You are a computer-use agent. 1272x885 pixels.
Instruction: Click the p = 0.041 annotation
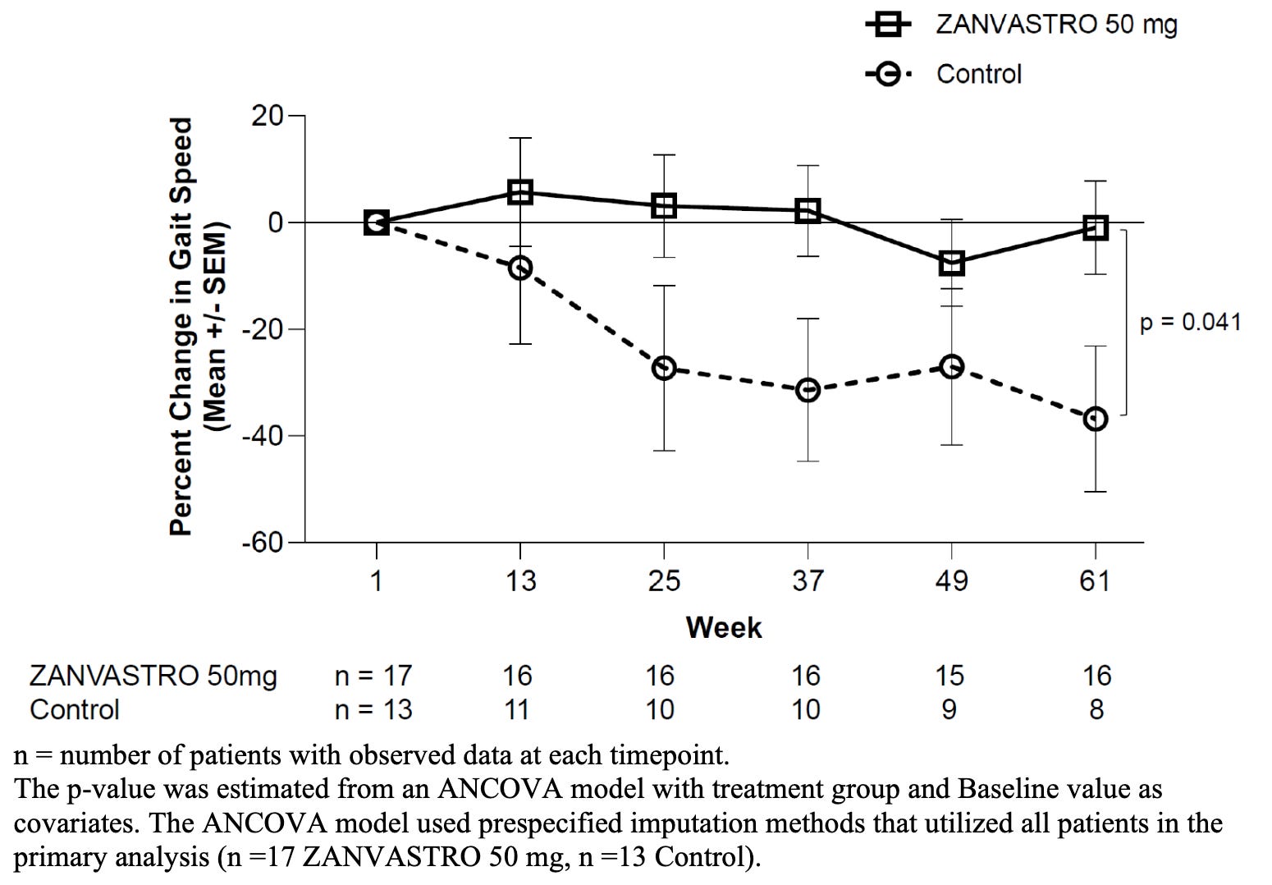tap(1190, 322)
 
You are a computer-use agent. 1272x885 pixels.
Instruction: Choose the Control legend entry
tap(943, 74)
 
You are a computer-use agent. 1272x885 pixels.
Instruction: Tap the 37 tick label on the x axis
tap(808, 580)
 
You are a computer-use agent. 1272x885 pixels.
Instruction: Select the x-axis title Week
tap(724, 628)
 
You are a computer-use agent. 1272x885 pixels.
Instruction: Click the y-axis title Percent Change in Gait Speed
tap(181, 327)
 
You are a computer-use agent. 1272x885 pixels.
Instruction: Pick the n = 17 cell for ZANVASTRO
tap(373, 676)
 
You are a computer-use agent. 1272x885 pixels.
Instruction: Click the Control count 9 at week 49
tap(949, 709)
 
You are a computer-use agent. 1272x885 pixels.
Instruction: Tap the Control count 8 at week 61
tap(1096, 709)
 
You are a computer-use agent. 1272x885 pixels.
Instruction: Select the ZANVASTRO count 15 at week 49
tap(949, 676)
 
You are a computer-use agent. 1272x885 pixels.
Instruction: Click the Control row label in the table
tap(75, 709)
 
